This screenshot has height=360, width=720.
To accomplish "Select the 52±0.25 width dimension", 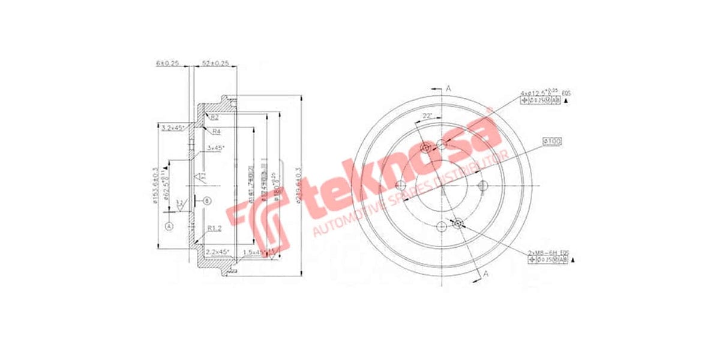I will (x=215, y=62).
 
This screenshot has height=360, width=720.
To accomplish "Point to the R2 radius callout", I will (x=214, y=118).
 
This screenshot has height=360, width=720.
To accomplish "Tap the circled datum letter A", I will (x=170, y=226).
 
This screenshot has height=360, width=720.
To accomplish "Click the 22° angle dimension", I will (x=427, y=115).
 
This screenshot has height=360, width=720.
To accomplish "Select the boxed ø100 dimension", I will (x=551, y=142).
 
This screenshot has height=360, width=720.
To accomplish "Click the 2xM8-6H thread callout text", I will (x=549, y=251).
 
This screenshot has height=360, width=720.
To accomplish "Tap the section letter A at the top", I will (x=448, y=89).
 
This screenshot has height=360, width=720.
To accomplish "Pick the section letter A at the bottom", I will (x=486, y=274).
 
